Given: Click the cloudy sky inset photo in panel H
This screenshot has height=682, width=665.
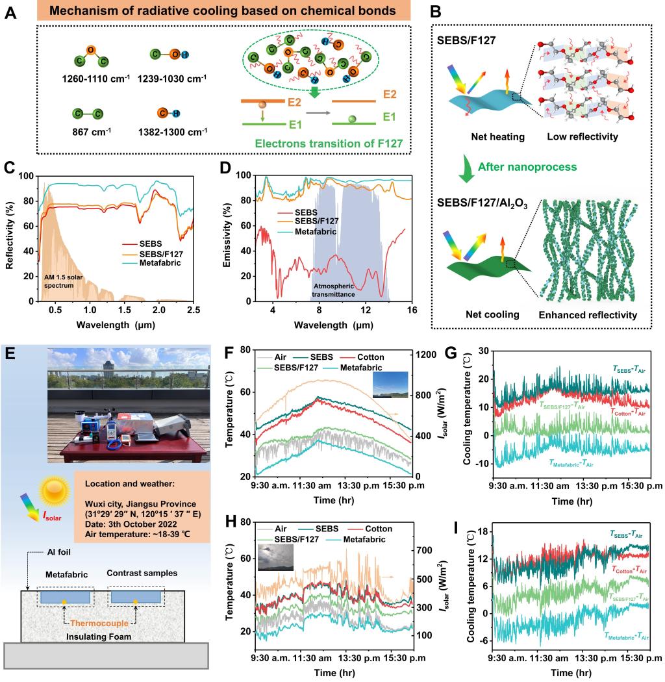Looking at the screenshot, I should pos(275,558).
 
